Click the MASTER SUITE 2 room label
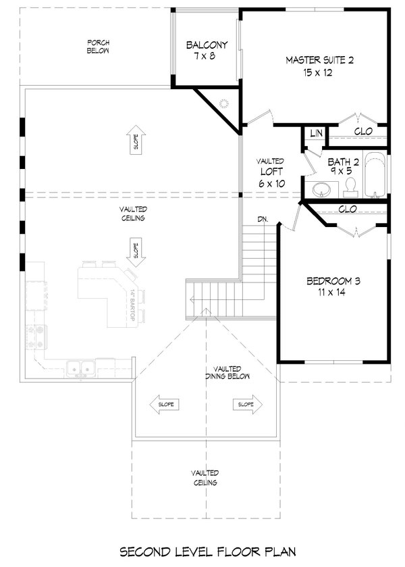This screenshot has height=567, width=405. pyautogui.click(x=319, y=66)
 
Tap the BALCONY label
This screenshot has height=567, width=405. pyautogui.click(x=207, y=51)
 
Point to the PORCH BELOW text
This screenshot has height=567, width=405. pyautogui.click(x=98, y=47)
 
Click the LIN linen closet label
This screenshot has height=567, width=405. pyautogui.click(x=315, y=134)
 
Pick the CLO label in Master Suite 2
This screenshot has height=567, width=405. pyautogui.click(x=364, y=131)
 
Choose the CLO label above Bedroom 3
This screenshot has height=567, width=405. pyautogui.click(x=347, y=209)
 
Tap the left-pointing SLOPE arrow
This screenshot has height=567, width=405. pyautogui.click(x=165, y=404)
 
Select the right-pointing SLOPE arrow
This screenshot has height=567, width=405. pyautogui.click(x=246, y=404)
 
